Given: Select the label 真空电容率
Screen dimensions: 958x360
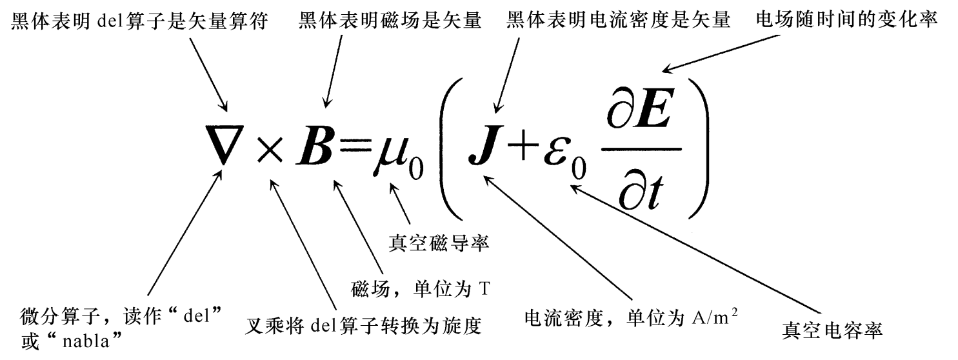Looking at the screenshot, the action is pyautogui.click(x=832, y=330).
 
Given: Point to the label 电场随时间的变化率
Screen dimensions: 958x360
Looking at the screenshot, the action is pyautogui.click(x=846, y=21).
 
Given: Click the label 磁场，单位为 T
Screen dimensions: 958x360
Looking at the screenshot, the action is pyautogui.click(x=419, y=288).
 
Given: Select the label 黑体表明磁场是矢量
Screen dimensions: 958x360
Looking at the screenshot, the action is pyautogui.click(x=390, y=21).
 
